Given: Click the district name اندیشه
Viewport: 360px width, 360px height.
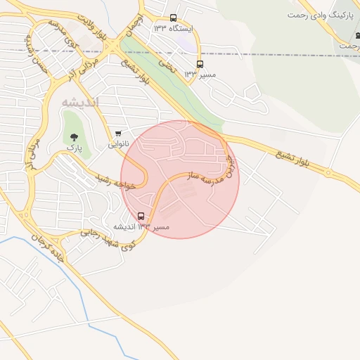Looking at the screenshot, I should pos(80,103).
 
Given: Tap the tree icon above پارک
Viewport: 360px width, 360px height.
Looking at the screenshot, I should pos(75,138).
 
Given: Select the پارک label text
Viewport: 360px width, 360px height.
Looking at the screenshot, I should pos(75,148).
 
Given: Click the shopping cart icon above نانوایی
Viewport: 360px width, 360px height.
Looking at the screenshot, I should pos(118,134).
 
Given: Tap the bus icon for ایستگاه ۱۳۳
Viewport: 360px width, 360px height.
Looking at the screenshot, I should pos(174,18).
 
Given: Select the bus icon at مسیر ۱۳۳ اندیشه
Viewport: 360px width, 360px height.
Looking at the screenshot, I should pos(141,216).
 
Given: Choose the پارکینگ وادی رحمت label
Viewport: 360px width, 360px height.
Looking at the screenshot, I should pos(323,14).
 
